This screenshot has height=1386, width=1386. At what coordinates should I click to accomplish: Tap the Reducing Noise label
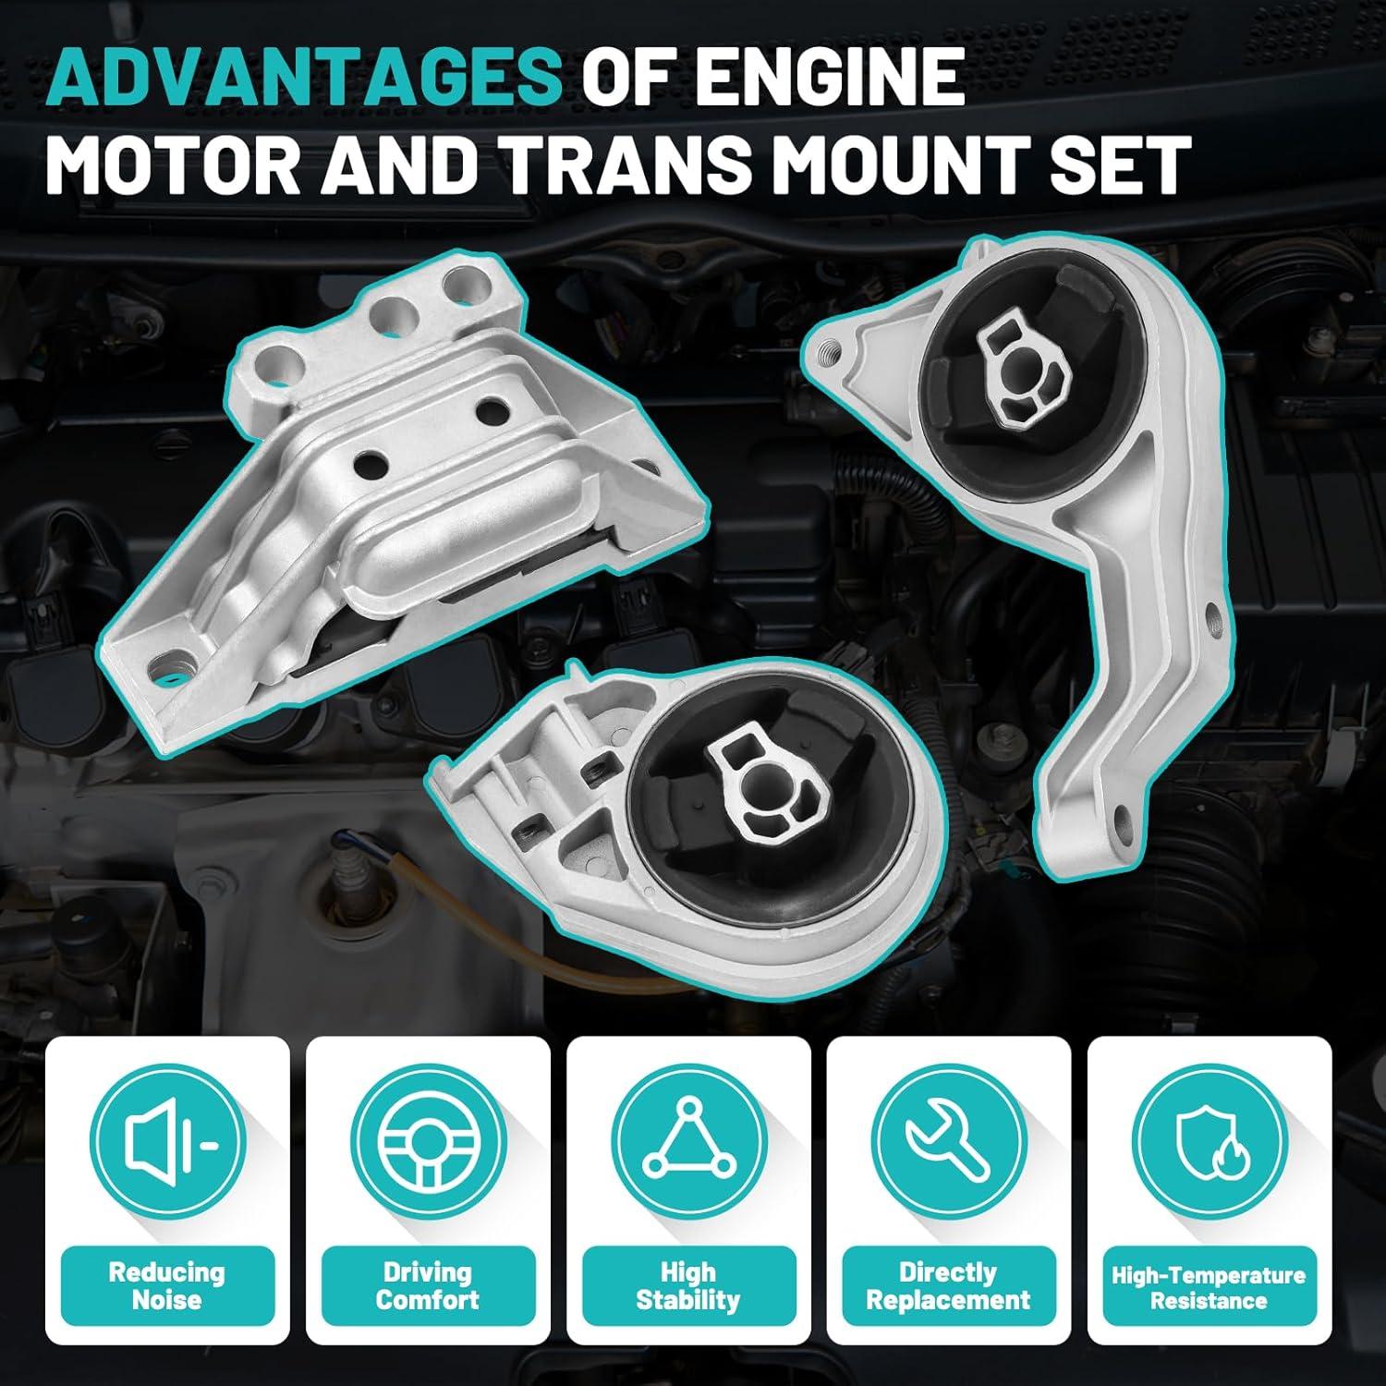[x=167, y=1285]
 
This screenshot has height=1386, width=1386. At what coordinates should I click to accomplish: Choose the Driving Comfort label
[x=428, y=1285]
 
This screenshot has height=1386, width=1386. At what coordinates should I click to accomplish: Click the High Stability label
[x=688, y=1285]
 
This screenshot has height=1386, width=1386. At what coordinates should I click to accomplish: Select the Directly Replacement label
[x=949, y=1285]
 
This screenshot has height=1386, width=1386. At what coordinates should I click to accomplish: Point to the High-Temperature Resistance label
[x=1209, y=1288]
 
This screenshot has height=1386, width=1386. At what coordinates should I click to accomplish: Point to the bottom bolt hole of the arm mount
[x=1121, y=814]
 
